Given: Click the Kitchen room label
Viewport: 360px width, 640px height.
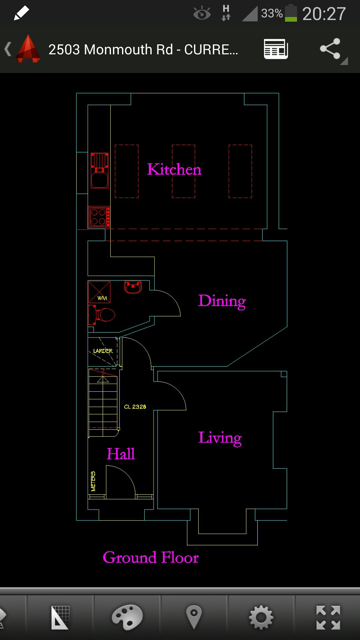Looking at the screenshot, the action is point(174,169).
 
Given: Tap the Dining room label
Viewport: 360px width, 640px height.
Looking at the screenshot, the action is point(222,301).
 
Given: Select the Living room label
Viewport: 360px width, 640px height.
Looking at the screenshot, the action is point(220,438).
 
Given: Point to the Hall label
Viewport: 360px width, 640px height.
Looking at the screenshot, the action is point(121,454).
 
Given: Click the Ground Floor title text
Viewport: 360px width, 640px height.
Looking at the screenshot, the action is point(151,557).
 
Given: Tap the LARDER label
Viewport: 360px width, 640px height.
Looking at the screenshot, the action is point(103,351).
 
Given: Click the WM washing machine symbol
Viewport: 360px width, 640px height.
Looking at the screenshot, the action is point(99,292).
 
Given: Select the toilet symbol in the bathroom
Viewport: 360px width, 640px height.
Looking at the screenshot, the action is point(101,315).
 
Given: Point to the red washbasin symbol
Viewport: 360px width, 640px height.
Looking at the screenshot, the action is point(133,287).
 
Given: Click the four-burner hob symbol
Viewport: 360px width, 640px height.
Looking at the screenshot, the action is point(99,217).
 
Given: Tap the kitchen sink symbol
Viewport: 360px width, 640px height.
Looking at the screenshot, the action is point(100,171).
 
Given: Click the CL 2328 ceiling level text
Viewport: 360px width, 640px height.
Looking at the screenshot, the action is point(135,407).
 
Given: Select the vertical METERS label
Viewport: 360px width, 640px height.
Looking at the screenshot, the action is point(93,481).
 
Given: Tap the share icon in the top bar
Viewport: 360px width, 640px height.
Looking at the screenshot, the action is point(330,49).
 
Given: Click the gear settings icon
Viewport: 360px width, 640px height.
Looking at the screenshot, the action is point(261,617).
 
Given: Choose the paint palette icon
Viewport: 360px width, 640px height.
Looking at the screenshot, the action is point(127,617).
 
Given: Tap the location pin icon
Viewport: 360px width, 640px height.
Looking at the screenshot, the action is point(194,617).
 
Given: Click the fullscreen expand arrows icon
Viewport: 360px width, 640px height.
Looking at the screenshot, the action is point(328,618).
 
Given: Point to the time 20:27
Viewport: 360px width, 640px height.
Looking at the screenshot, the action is point(324,14).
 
